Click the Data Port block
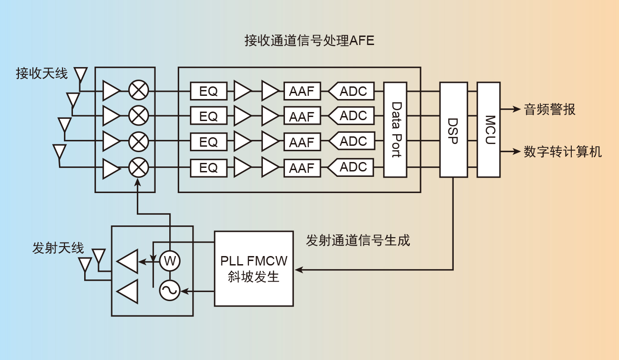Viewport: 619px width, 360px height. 395,130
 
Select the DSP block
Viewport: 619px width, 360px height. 453,130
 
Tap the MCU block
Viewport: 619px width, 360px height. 488,130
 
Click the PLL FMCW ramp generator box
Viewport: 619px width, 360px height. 254,269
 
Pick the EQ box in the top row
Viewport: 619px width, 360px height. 208,91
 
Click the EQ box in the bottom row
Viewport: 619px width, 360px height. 208,168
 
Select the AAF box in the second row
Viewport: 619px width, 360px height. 302,117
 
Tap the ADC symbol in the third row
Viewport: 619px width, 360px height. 352,141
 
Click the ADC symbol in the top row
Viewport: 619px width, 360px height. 352,91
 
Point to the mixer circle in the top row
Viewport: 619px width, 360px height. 139,90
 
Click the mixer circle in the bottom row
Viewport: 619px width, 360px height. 139,168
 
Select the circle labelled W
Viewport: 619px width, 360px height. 170,261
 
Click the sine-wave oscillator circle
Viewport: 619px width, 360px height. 170,291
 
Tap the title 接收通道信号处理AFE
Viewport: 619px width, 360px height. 309,41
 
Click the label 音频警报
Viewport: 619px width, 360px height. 549,109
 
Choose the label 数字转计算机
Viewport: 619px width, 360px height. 562,152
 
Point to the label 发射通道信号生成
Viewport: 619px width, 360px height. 358,240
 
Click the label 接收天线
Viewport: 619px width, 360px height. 42,73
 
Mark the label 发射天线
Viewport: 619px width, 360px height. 58,248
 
